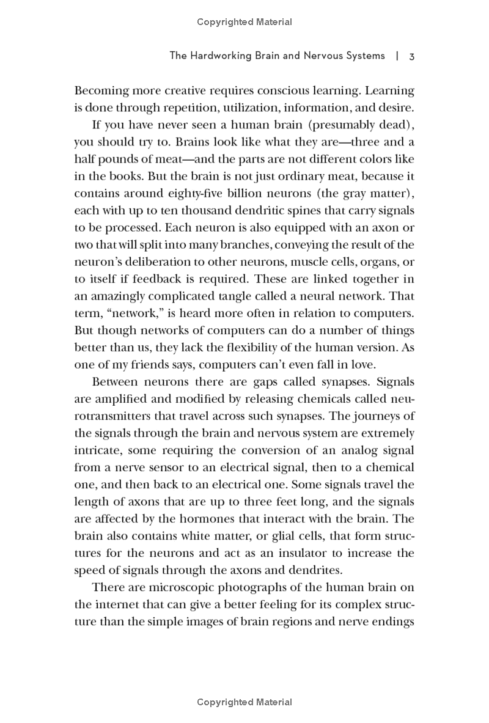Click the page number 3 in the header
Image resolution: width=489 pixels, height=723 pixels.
(412, 56)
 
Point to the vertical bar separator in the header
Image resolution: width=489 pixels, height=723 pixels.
(397, 56)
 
